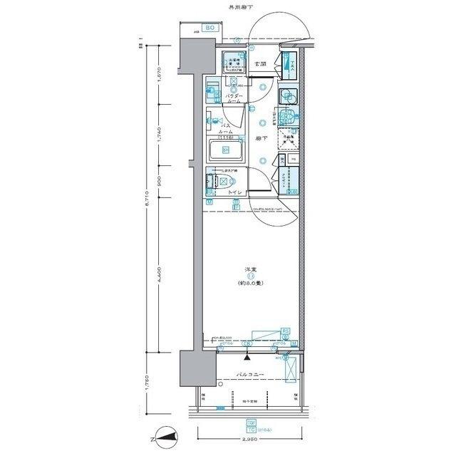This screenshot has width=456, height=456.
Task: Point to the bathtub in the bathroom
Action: pos(226,150)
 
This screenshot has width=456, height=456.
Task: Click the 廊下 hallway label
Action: pos(261,138)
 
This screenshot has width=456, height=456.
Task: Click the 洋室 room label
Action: pos(251,269)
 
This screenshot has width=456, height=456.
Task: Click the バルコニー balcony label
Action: pos(248,375)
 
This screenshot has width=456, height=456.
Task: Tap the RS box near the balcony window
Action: pos(286,331)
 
